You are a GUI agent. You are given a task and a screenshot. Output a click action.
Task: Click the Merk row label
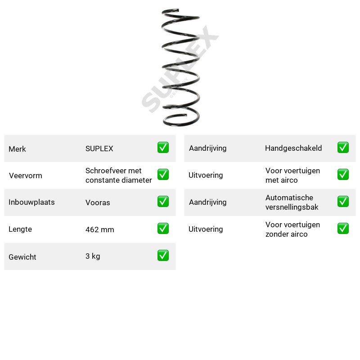click(17, 149)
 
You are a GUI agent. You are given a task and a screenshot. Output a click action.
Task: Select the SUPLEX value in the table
click(99, 148)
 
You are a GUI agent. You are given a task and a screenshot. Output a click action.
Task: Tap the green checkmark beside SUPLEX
click(163, 148)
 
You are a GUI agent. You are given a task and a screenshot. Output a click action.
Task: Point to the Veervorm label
click(26, 175)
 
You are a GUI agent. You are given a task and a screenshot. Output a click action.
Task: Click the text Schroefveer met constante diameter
click(118, 175)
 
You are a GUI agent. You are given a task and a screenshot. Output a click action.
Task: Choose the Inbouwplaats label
click(31, 202)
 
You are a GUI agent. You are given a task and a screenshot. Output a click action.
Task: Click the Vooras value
click(98, 202)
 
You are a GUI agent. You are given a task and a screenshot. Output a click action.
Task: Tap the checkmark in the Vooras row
click(163, 201)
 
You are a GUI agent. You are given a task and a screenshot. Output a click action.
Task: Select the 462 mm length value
click(100, 229)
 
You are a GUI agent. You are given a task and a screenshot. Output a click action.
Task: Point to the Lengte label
click(20, 229)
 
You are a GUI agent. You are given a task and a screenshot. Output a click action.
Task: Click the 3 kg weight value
click(93, 256)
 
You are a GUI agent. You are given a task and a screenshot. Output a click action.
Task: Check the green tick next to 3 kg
click(163, 255)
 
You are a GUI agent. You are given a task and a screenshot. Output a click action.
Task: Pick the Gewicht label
click(22, 257)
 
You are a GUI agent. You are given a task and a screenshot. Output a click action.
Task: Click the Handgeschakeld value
click(293, 148)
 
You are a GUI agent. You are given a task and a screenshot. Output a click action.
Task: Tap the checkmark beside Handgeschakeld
click(343, 148)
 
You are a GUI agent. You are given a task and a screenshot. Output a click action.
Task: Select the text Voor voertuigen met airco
click(293, 175)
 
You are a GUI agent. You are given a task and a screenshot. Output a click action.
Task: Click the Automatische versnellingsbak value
click(292, 202)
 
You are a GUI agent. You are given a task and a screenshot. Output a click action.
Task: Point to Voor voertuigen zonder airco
click(293, 229)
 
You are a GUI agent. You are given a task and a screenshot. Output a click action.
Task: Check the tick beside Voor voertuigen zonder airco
click(343, 229)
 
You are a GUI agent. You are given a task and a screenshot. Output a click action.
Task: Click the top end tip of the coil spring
click(178, 9)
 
